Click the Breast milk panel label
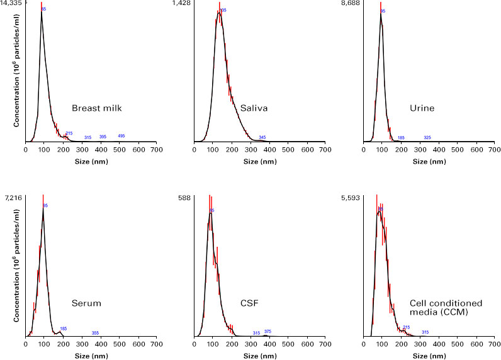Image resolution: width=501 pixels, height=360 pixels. tap(96, 108)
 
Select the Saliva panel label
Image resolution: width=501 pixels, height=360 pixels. tap(254, 108)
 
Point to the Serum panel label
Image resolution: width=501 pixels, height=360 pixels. tap(87, 303)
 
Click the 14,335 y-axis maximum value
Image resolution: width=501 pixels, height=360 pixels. tap(13, 4)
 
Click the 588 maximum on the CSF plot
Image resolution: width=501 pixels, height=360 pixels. tap(185, 198)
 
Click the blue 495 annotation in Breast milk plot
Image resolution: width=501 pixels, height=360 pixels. tap(121, 136)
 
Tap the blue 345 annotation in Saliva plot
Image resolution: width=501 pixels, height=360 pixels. tap(262, 137)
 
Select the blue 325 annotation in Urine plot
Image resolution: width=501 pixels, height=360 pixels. tap(427, 137)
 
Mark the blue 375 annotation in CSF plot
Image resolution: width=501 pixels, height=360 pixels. tap(267, 331)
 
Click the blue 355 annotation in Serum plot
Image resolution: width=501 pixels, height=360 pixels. tap(95, 332)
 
